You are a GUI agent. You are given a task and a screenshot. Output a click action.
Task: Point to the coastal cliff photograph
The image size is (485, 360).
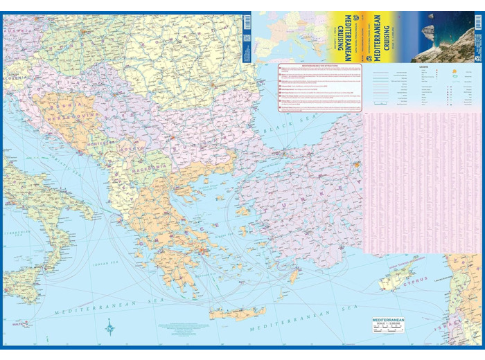coord(443,36)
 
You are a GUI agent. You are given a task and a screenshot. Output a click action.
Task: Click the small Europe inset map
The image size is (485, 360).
coord(289,36)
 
